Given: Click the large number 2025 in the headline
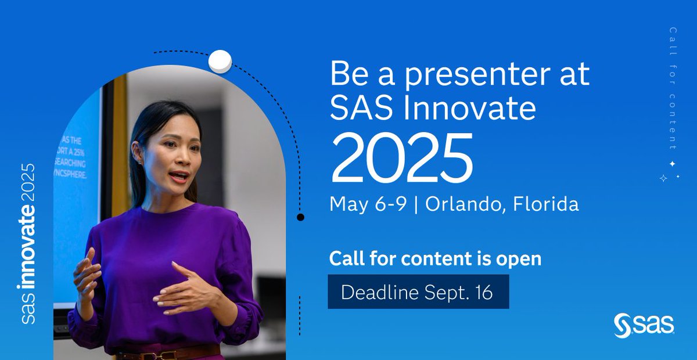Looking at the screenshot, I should [401, 159].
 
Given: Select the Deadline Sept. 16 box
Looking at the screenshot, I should [418, 292].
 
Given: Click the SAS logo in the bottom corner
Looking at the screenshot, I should [644, 325].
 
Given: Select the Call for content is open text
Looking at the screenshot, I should [435, 259].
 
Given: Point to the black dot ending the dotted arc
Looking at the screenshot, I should [300, 218].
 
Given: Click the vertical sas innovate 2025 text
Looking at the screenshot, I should [28, 244].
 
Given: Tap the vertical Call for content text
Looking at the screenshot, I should [673, 87].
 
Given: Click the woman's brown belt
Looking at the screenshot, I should [168, 351].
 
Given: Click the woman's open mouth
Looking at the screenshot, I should [179, 175].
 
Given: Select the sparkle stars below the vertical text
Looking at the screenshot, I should [668, 171].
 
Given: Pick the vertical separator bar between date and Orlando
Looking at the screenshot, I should [416, 205].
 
